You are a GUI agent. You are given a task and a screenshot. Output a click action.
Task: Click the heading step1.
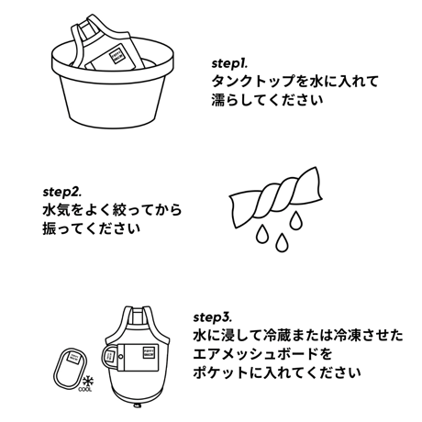click(x=229, y=63)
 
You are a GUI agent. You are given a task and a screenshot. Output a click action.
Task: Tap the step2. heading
click(x=62, y=193)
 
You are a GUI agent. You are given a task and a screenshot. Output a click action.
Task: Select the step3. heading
click(x=213, y=317)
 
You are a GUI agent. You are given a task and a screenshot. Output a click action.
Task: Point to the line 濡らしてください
click(x=267, y=100)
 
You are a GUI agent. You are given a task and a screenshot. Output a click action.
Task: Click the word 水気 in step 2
click(x=57, y=210)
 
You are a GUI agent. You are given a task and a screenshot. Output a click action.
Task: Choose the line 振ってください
click(x=92, y=228)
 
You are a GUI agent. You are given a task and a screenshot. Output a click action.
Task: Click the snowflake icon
click(x=88, y=382)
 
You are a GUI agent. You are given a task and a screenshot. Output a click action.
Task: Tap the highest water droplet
click(x=295, y=220)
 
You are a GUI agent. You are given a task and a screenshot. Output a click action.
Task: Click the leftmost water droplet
click(x=262, y=234)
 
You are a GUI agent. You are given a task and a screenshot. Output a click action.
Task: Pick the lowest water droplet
click(x=282, y=242)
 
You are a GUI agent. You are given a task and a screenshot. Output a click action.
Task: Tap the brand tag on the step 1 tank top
click(x=117, y=56)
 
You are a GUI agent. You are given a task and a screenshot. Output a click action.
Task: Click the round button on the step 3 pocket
click(x=121, y=356)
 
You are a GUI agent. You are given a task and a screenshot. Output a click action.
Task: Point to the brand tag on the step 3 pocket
click(x=150, y=351)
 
